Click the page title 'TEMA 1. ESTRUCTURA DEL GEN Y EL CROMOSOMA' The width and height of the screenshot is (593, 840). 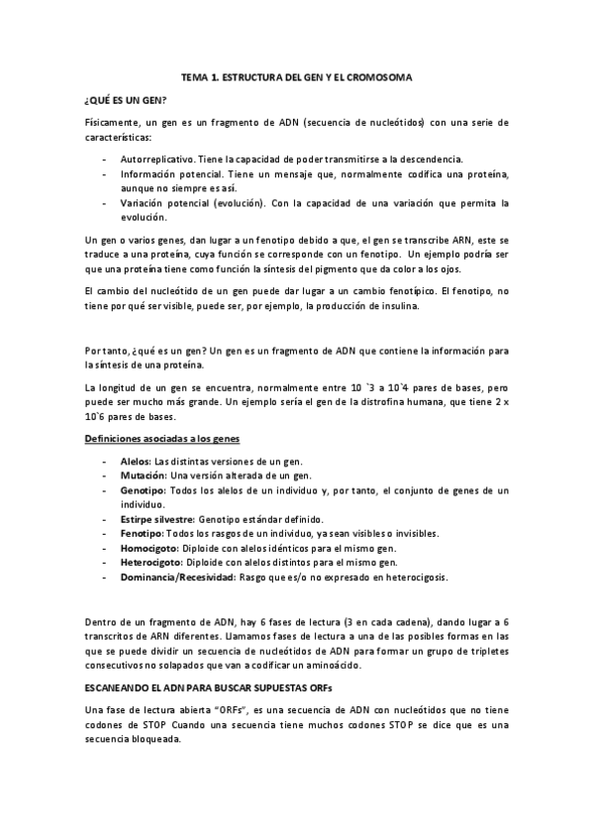[x=296, y=76]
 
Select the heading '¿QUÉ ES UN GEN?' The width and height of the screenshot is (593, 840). [x=125, y=100]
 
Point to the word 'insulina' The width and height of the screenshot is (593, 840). [x=398, y=306]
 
